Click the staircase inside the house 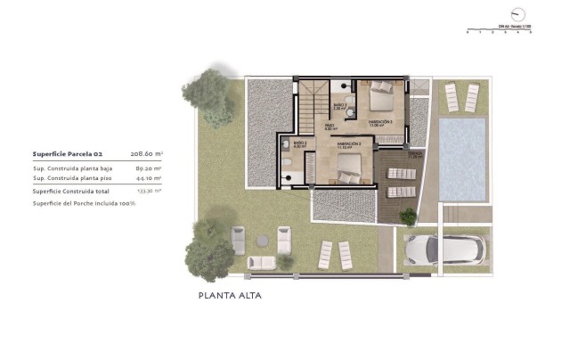pos(312,104)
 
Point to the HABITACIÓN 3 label pos(380,123)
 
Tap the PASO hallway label pos(329,127)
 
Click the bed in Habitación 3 pos(380,93)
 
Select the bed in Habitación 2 pos(347,165)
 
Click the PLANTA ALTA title pos(230,295)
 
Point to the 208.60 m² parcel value pos(147,153)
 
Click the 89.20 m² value pos(148,168)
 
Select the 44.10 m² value pos(148,178)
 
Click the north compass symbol pos(517,13)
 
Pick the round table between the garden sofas pos(261,241)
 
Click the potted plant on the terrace pos(409,216)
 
